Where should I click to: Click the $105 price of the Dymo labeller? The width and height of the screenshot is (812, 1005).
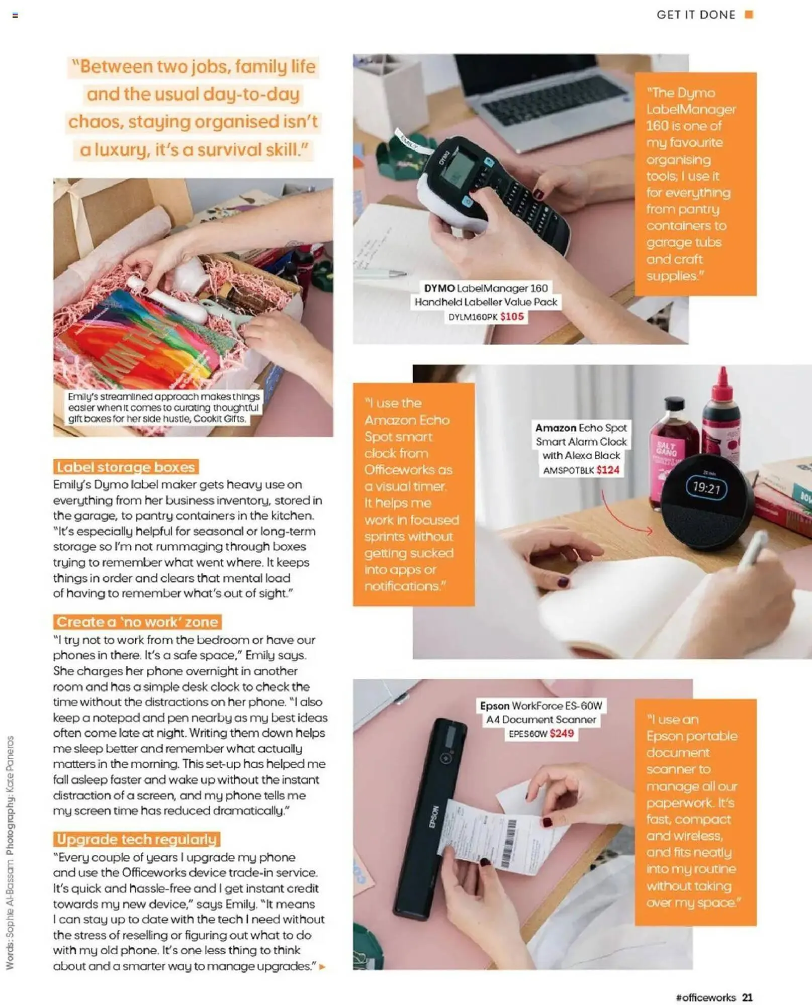click(512, 317)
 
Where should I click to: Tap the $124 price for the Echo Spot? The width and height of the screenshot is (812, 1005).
click(607, 470)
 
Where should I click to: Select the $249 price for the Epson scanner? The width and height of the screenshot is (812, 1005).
click(562, 734)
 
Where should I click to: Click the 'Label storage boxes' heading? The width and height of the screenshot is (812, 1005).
click(126, 467)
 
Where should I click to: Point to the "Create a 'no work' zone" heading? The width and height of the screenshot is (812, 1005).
click(137, 622)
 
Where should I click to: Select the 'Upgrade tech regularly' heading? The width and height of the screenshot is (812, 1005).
click(136, 839)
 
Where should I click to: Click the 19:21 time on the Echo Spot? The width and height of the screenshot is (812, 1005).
click(706, 487)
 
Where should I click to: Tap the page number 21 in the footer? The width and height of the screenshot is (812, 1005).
click(747, 997)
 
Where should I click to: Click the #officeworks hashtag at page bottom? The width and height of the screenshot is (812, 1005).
click(705, 997)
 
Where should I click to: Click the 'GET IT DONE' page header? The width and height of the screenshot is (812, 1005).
click(696, 15)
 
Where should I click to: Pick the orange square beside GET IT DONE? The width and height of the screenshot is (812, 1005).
click(749, 15)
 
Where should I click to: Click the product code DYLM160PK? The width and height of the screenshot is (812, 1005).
click(473, 317)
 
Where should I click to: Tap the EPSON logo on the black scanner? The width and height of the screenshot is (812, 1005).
click(434, 817)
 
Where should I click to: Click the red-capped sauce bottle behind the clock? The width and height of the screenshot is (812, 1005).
click(721, 412)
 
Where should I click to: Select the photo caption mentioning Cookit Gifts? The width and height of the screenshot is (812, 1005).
click(164, 408)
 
